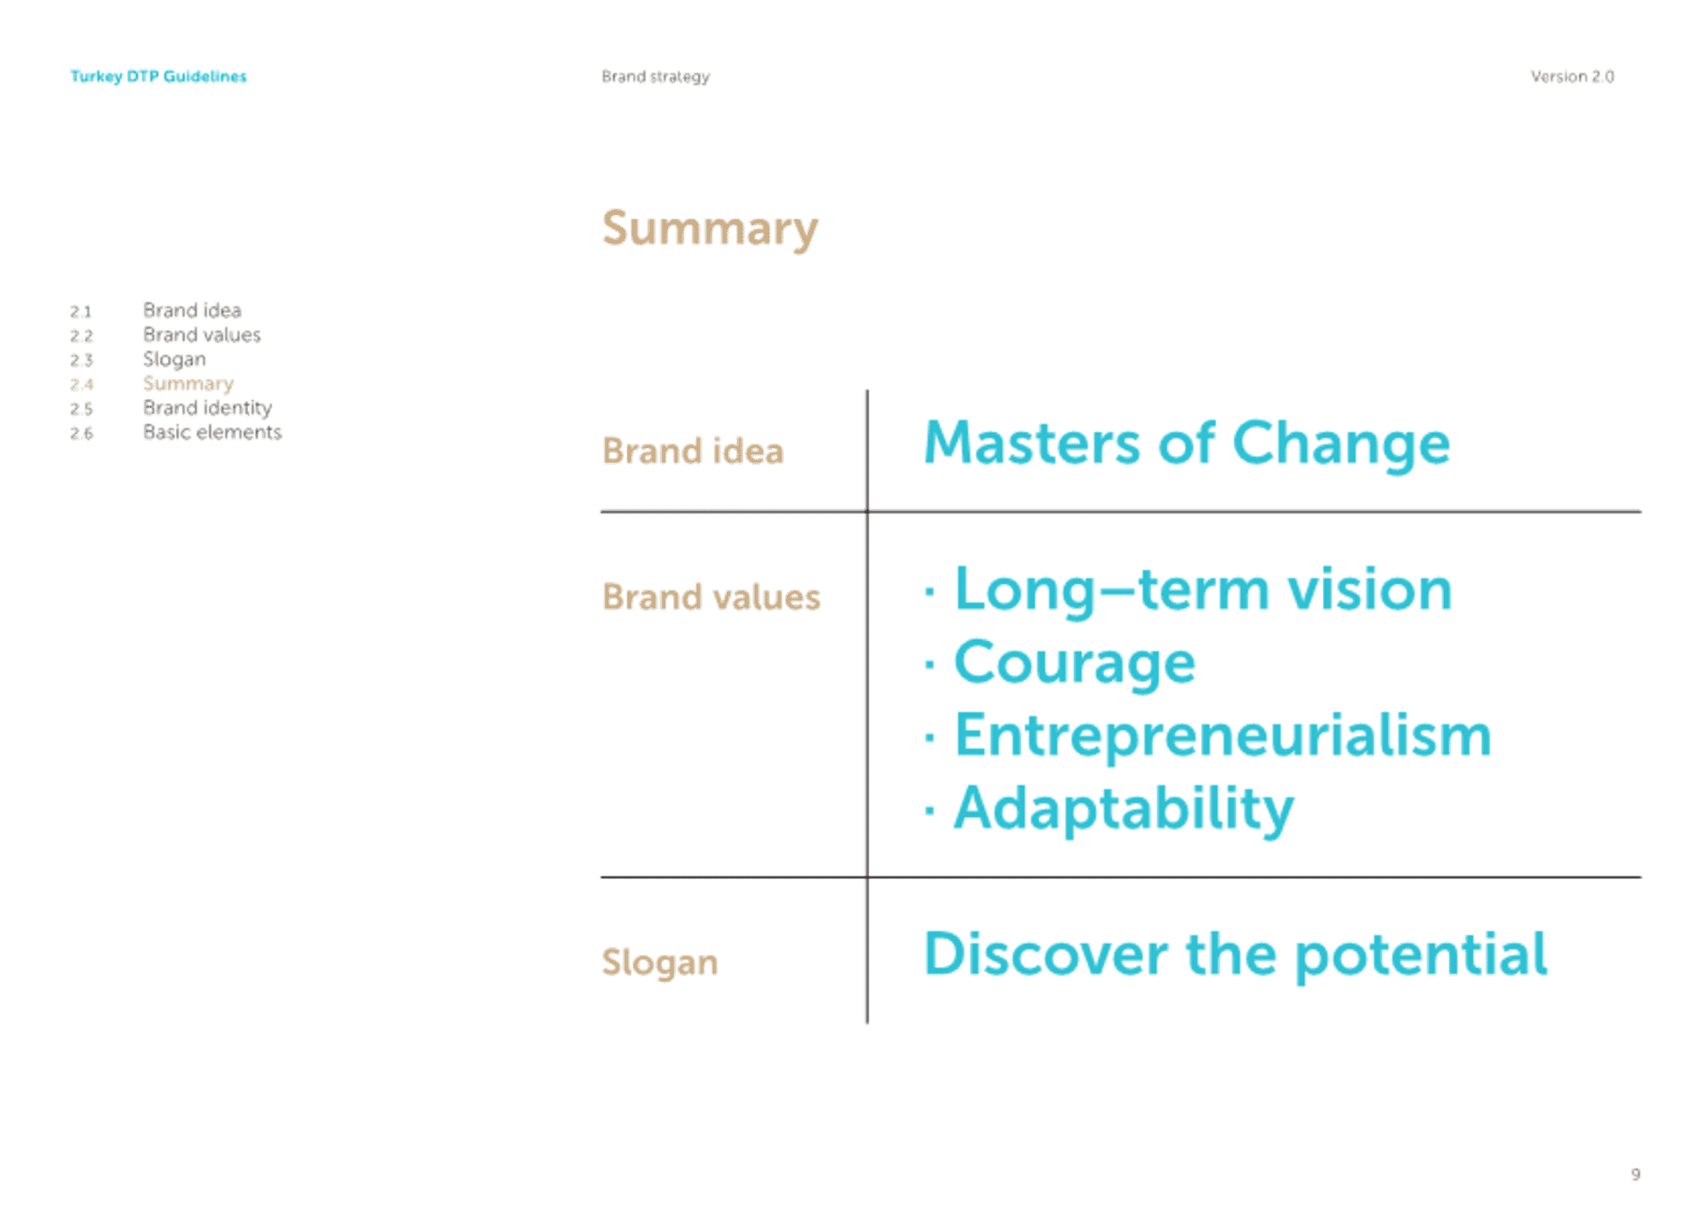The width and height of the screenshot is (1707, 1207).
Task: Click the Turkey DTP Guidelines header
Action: point(158,76)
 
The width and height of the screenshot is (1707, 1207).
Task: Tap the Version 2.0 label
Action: point(1572,76)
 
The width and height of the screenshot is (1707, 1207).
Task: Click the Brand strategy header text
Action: point(655,77)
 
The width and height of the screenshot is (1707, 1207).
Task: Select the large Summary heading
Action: point(709,229)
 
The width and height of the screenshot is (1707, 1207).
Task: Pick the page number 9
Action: point(1635,1174)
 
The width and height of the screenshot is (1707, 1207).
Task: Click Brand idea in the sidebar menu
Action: point(192,310)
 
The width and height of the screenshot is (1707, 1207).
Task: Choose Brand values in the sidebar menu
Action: point(202,334)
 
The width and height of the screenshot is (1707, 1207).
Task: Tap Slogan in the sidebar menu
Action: point(174,359)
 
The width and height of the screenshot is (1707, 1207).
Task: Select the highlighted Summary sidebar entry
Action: point(188,384)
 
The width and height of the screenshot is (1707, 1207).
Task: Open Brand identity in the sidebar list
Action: point(207,407)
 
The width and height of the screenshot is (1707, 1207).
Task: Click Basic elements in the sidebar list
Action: point(212,432)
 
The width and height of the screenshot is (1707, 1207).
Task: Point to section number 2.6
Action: point(82,434)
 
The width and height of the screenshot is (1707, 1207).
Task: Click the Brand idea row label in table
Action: point(693,451)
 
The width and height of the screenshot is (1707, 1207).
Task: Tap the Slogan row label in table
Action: point(660,963)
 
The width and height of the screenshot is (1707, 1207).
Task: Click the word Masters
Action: point(1031,443)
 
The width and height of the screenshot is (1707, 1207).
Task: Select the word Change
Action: point(1341,444)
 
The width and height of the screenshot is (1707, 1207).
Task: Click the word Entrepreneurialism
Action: point(1222,736)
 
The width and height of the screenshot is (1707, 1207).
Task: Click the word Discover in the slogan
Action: point(1046,955)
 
